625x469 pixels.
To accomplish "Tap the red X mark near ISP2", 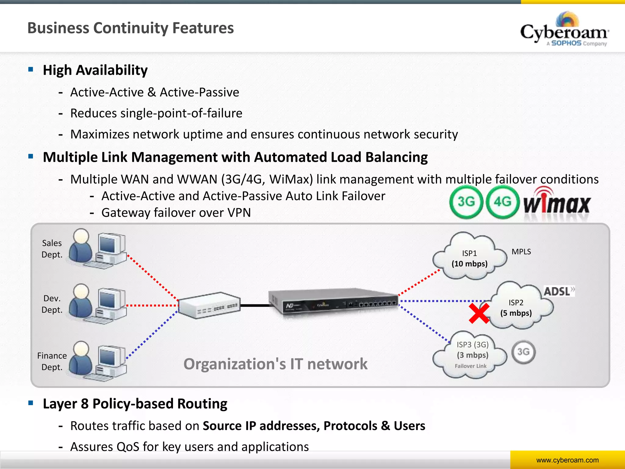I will click(479, 313).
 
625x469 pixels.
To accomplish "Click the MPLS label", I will click(521, 252).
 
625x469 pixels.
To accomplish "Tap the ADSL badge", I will click(558, 291).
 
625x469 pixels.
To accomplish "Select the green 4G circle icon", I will click(502, 202).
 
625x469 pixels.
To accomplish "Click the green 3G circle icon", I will click(466, 202).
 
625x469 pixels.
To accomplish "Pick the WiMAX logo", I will click(557, 203).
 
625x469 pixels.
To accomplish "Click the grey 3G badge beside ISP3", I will click(523, 352).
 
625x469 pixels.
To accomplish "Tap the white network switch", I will click(209, 305).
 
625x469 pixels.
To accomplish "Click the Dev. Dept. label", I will click(52, 304).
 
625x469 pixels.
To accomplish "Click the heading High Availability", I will click(95, 70).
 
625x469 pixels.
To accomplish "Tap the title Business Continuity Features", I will click(130, 28).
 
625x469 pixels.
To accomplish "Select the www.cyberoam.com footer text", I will click(567, 460).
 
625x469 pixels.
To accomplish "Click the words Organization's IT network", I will click(275, 364).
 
